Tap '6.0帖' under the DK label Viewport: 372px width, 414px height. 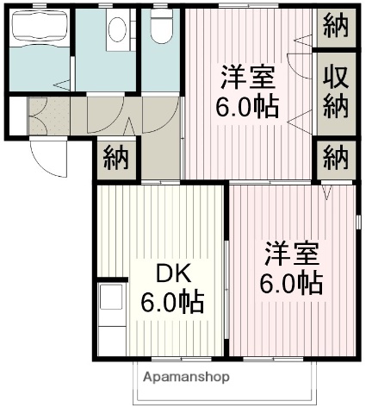coord(172,302)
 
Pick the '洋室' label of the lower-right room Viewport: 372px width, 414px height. coord(292,254)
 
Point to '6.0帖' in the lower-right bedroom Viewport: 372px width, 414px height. coord(292,283)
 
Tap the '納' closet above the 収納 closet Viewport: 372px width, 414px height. coord(336,27)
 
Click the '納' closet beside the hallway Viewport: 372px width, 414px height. coord(115,159)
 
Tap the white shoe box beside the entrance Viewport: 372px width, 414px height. coord(17,116)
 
